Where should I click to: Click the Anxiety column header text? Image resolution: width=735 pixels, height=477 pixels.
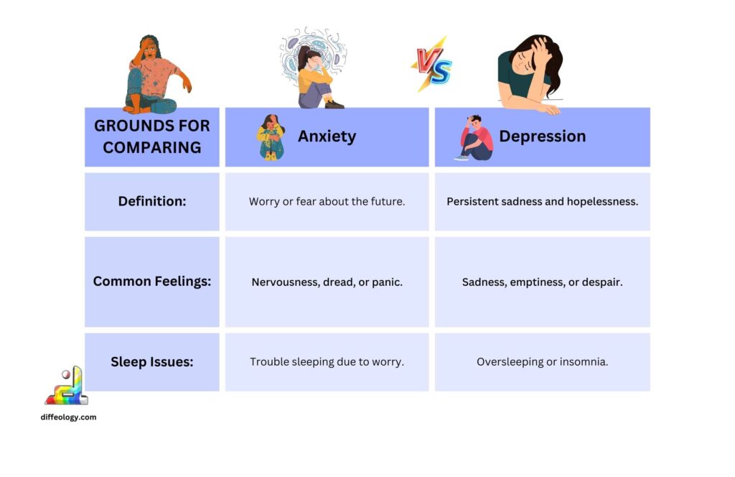point(327,136)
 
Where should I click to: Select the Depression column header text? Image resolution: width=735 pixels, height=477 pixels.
point(542,136)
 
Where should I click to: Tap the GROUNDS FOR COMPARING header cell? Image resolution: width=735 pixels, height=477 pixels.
point(152,136)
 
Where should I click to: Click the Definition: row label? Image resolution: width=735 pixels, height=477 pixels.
point(152,202)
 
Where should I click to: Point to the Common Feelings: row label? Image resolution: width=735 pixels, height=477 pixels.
point(152,282)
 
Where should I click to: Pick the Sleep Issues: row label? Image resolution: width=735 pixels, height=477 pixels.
point(152,362)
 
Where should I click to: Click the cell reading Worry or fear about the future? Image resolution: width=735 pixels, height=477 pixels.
point(327,202)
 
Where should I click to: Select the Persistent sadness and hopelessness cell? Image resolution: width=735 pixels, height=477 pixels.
point(542,202)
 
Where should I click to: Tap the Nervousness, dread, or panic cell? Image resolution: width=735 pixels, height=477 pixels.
point(327,282)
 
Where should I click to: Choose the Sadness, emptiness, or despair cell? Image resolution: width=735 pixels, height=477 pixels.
point(542,282)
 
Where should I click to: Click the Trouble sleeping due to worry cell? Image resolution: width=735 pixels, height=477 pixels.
point(327,362)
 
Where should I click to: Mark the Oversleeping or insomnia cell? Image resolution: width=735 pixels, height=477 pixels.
point(542,362)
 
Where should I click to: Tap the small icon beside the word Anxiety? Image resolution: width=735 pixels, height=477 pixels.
point(271,136)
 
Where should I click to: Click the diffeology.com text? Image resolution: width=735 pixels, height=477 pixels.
point(69,417)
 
